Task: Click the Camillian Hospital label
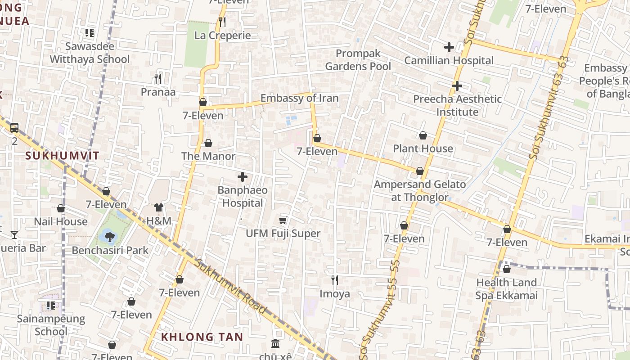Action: click(x=449, y=60)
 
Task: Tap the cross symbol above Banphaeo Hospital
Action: click(x=243, y=177)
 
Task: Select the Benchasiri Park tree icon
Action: click(x=109, y=235)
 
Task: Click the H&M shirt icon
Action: click(x=159, y=207)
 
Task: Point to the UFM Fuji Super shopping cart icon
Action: click(x=283, y=220)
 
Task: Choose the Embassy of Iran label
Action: click(x=299, y=98)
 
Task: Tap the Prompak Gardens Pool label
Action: click(x=358, y=60)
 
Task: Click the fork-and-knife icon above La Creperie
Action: click(x=222, y=22)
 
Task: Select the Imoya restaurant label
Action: click(x=334, y=294)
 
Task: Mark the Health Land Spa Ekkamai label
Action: click(x=506, y=289)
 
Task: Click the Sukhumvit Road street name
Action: click(x=230, y=286)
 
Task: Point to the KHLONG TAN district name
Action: click(x=202, y=337)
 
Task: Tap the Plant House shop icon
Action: click(x=423, y=135)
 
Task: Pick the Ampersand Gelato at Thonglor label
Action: click(x=420, y=190)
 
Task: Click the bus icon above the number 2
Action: click(x=14, y=128)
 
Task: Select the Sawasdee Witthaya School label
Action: click(x=90, y=53)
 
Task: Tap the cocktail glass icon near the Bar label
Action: click(x=14, y=234)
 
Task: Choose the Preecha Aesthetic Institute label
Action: click(x=457, y=105)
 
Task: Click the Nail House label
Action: click(x=61, y=221)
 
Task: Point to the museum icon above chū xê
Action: click(x=275, y=344)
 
